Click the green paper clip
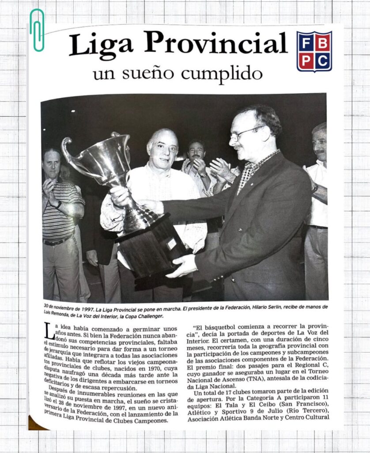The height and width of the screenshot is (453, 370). pos(37,30)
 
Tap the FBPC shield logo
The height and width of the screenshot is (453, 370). pos(314,51)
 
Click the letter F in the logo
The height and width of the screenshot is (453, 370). pos(306,42)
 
